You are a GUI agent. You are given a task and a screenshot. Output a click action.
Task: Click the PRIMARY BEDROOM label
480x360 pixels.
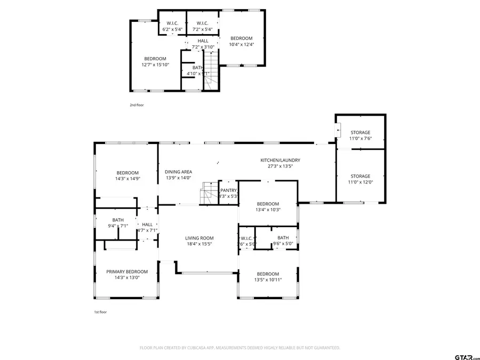pyautogui.click(x=126, y=271)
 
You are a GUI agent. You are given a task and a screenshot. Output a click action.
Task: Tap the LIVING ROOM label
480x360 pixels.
pyautogui.click(x=199, y=238)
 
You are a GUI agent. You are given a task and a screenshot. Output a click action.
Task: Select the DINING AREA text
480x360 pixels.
pyautogui.click(x=178, y=171)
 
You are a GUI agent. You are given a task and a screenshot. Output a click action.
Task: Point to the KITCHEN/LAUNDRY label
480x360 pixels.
pyautogui.click(x=280, y=160)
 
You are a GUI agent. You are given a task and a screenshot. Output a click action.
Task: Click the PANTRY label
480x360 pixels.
pyautogui.click(x=228, y=190)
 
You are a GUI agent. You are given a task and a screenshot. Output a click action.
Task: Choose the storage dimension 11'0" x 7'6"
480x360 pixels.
pyautogui.click(x=360, y=139)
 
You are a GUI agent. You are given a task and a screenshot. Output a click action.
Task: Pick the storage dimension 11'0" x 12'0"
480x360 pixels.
pyautogui.click(x=360, y=182)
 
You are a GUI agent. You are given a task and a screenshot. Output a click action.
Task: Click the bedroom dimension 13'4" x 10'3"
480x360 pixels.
pyautogui.click(x=267, y=210)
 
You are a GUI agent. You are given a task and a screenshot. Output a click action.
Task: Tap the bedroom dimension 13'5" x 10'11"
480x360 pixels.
pyautogui.click(x=267, y=279)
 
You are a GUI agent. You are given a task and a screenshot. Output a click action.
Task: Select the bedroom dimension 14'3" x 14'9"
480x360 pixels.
pyautogui.click(x=127, y=179)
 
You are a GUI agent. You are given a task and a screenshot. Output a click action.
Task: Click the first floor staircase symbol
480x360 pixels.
pyautogui.click(x=209, y=193)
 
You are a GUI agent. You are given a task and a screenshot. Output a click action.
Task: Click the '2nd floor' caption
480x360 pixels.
pyautogui.click(x=137, y=105)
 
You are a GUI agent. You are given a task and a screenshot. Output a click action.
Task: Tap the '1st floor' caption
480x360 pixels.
pyautogui.click(x=100, y=312)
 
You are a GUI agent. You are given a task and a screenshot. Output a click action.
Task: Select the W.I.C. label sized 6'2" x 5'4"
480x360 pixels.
pyautogui.click(x=172, y=23)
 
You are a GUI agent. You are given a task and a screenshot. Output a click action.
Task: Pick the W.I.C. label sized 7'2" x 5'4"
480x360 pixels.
pyautogui.click(x=202, y=23)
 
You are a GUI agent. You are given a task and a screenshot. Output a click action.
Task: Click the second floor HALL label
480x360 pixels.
pyautogui.click(x=203, y=41)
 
